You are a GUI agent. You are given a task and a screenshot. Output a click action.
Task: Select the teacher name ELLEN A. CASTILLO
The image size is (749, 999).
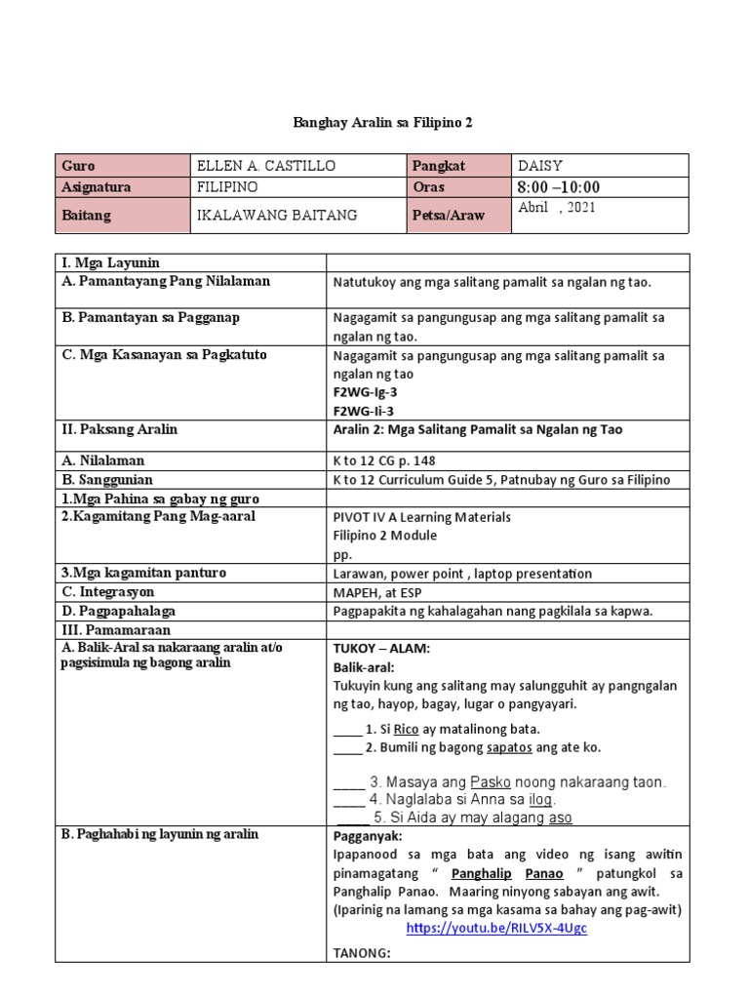pos(266,166)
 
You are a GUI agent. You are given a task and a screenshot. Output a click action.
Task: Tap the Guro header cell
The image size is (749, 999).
pos(78,166)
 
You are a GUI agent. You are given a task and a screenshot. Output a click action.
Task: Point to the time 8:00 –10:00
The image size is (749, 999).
pos(558,187)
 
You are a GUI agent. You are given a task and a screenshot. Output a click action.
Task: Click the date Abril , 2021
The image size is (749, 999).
pos(556,208)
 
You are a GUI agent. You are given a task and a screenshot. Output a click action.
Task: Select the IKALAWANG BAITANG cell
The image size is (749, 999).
pos(277,216)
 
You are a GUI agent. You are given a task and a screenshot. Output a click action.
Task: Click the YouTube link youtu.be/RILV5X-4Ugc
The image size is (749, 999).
pos(496,928)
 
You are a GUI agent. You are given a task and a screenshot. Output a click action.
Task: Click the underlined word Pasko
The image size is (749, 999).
pos(491,781)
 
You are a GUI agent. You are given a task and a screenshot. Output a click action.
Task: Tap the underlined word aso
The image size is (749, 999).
pos(561,818)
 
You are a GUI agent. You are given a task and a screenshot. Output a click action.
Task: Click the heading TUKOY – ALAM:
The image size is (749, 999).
pos(381,648)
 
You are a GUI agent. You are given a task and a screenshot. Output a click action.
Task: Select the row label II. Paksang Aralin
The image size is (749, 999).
pos(119,429)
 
